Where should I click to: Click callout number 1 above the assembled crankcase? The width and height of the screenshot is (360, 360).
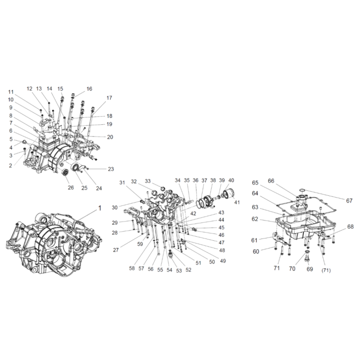(x=99, y=208)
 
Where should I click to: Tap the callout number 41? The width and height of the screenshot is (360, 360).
(x=237, y=202)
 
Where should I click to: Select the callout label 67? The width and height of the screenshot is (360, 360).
(x=349, y=201)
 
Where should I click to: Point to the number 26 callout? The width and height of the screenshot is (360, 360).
(x=71, y=188)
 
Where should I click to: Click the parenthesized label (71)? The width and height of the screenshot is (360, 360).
(x=326, y=270)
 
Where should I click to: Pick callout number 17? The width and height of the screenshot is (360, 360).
(x=109, y=98)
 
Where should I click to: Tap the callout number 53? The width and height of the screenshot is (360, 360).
(x=179, y=271)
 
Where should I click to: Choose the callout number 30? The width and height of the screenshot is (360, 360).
(x=115, y=207)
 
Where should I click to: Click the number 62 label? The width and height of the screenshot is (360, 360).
(x=255, y=219)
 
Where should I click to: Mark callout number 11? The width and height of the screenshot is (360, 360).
(x=11, y=92)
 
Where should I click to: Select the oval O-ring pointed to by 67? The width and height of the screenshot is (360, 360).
(x=302, y=190)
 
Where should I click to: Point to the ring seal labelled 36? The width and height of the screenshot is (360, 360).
(x=200, y=203)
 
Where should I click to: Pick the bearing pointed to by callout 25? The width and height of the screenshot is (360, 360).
(x=75, y=167)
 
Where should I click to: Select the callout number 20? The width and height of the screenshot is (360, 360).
(x=110, y=137)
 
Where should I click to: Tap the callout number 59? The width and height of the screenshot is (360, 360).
(x=140, y=244)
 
